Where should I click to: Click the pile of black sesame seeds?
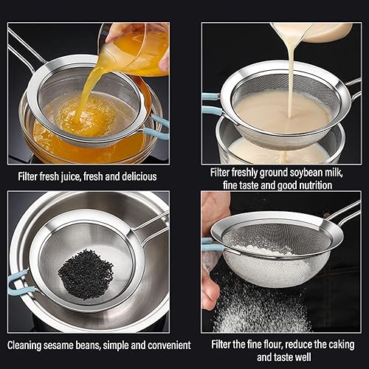86,274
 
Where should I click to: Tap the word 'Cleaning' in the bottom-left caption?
27,345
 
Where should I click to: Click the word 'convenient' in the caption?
167,345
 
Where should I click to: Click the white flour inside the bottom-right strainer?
269,251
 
